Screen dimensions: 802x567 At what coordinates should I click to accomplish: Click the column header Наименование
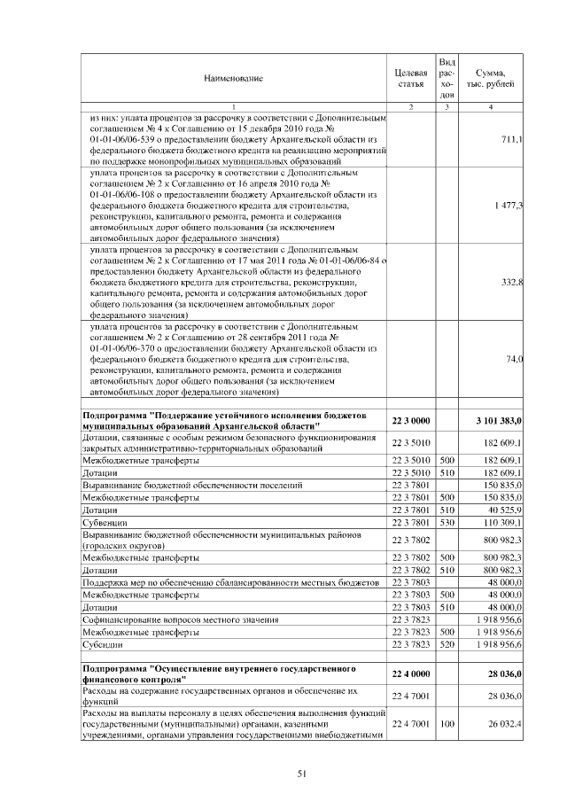pyautogui.click(x=234, y=79)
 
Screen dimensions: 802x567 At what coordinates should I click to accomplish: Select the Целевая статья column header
pyautogui.click(x=410, y=78)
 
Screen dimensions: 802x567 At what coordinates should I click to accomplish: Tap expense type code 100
pyautogui.click(x=447, y=724)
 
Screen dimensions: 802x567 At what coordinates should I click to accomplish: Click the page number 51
pyautogui.click(x=301, y=774)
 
